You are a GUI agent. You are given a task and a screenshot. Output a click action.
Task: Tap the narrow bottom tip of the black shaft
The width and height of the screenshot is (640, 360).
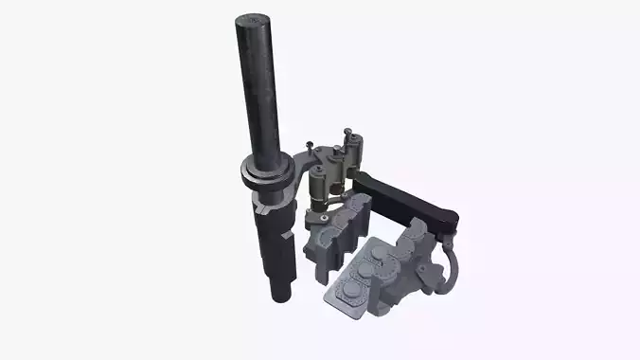280,293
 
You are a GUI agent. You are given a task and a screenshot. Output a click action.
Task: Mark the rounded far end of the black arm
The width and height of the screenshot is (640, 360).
448,221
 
